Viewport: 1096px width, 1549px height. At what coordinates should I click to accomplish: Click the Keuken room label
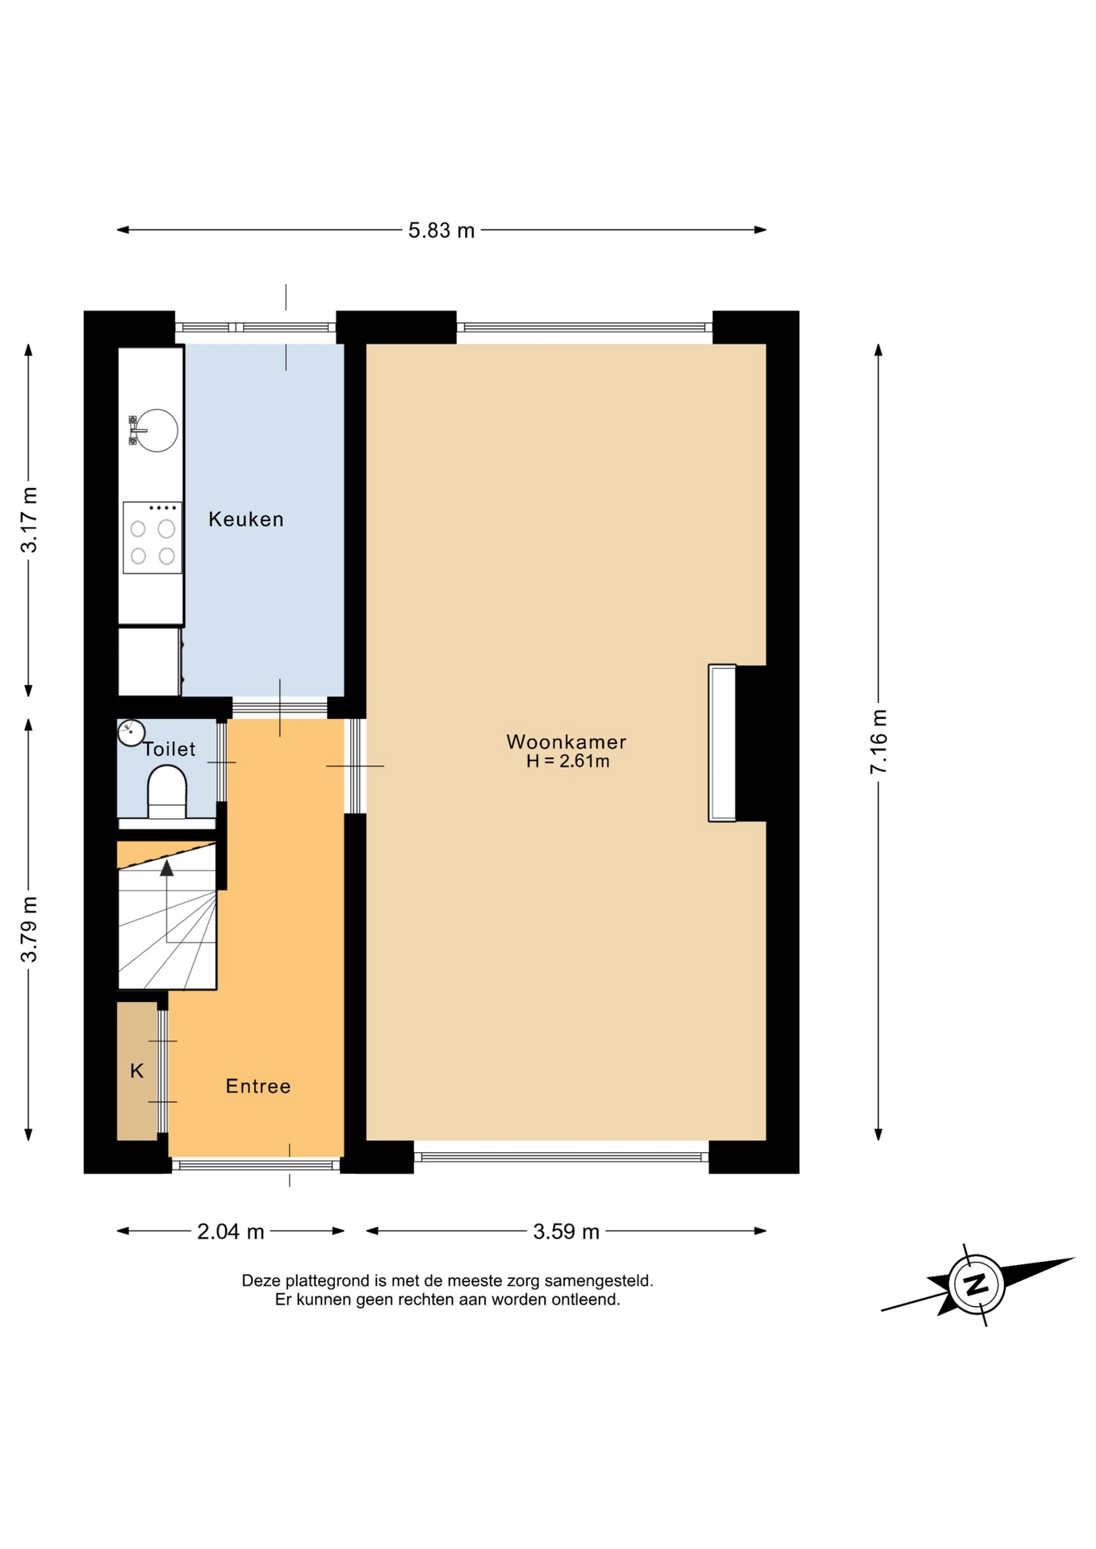click(x=246, y=520)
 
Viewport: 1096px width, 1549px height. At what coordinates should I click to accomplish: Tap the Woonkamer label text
click(x=566, y=742)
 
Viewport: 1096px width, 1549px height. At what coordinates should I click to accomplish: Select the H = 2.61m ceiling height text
click(x=567, y=762)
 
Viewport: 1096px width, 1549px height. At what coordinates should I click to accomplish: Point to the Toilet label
click(x=169, y=749)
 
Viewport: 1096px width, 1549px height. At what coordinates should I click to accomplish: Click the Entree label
click(x=258, y=1087)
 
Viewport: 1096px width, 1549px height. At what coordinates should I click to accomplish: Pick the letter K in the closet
click(x=137, y=1071)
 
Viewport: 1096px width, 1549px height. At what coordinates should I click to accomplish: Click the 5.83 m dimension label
click(x=441, y=231)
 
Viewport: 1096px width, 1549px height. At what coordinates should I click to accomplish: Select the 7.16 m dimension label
click(x=878, y=741)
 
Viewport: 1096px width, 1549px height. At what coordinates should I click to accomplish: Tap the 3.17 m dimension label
click(x=29, y=520)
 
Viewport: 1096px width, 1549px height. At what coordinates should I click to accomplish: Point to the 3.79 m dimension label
click(x=29, y=929)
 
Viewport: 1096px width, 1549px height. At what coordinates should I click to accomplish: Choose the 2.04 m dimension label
click(x=231, y=1232)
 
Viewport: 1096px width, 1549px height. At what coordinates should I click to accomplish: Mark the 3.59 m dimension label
click(x=566, y=1232)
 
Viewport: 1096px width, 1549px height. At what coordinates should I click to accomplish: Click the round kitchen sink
click(x=156, y=430)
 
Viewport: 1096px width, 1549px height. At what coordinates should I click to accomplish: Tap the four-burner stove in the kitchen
click(x=153, y=537)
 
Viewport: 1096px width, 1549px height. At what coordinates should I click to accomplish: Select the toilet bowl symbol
click(x=167, y=791)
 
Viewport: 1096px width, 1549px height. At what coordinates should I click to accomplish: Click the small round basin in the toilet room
click(x=131, y=733)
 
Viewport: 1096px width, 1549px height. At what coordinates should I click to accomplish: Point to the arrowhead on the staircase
click(x=167, y=867)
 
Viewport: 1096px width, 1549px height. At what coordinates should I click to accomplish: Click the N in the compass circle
click(x=977, y=1284)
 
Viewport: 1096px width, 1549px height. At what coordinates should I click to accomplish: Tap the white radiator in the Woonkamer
click(x=722, y=743)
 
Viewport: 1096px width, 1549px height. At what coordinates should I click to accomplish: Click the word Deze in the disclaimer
click(x=260, y=1280)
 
